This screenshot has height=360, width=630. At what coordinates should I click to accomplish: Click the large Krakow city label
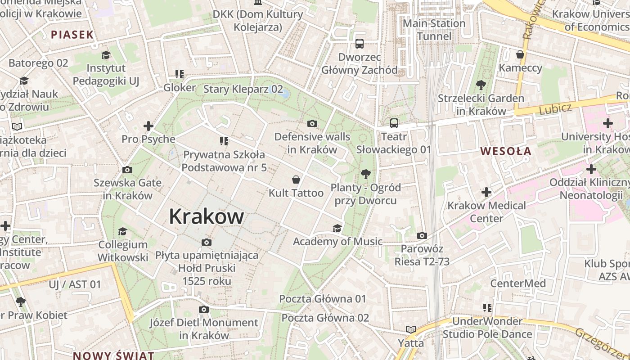(207, 217)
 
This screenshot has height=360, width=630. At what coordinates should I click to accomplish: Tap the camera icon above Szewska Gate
(127, 170)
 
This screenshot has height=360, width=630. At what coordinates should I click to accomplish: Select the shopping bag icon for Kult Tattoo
(296, 180)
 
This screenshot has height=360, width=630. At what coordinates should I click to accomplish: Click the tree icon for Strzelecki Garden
(481, 85)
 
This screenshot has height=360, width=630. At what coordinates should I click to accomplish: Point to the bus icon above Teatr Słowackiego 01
(394, 123)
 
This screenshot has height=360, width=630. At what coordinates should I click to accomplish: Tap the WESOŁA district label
(506, 151)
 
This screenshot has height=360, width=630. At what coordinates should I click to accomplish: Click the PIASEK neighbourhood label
(72, 35)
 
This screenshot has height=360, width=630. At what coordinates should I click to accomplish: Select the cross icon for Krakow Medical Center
(486, 193)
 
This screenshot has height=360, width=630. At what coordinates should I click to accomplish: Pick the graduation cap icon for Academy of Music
(337, 229)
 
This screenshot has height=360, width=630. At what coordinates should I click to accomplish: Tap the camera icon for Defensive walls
(312, 123)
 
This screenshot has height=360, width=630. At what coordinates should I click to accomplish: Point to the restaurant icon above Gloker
(180, 74)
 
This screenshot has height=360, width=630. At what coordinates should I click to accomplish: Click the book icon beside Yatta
(410, 330)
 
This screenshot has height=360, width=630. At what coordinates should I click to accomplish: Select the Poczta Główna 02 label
(325, 318)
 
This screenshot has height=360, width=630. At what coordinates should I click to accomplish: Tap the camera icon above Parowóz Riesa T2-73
(422, 235)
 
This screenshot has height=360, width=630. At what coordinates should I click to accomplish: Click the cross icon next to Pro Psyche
(148, 126)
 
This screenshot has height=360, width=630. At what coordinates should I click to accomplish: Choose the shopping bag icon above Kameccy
(520, 55)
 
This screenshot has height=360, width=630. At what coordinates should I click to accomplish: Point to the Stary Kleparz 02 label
(243, 89)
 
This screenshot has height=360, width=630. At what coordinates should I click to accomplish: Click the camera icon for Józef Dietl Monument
(204, 310)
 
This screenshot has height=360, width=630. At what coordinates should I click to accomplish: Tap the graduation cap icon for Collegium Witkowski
(122, 231)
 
